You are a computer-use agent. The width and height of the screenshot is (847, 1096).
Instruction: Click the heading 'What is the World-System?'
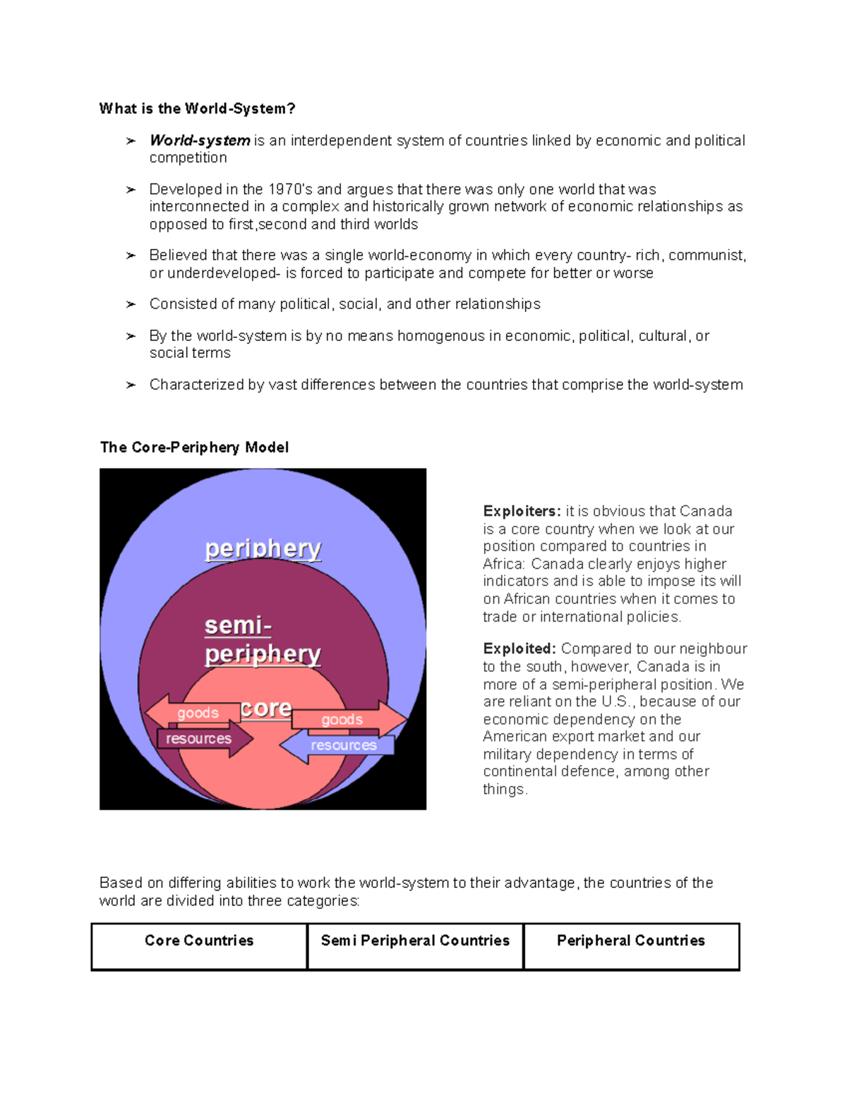point(197,109)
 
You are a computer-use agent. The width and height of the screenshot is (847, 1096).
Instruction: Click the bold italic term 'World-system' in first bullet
point(200,140)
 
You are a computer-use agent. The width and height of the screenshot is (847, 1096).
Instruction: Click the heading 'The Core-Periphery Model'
point(194,447)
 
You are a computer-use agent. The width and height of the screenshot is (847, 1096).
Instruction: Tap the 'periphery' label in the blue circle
point(263,548)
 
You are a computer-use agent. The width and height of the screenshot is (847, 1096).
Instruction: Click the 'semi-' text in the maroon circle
point(238,625)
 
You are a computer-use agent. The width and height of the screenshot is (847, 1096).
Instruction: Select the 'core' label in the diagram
point(265,708)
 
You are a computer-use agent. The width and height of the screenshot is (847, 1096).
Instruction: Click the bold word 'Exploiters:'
point(522,511)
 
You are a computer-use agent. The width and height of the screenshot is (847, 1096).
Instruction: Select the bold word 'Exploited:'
point(519,649)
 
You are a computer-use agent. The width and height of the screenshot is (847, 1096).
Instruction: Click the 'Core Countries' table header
point(199,941)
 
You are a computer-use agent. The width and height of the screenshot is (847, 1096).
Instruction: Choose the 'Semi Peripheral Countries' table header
point(415,941)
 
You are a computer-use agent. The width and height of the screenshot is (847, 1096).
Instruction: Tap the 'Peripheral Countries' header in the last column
point(630,941)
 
